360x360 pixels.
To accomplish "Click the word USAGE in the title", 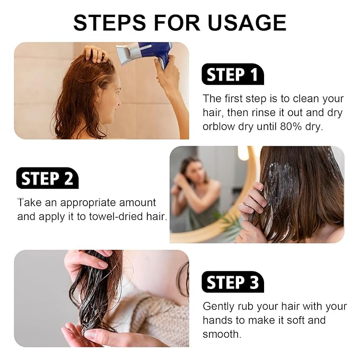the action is point(247,22).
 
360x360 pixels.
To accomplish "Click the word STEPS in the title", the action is point(109,22).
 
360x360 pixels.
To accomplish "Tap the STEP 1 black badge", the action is point(233,74).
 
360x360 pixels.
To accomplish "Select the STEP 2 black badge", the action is point(47,178).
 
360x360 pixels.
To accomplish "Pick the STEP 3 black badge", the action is point(233,282).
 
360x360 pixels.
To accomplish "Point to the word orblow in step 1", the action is point(219,127).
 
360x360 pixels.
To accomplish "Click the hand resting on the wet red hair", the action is point(94,54).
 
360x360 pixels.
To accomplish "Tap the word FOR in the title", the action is point(177,22).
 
